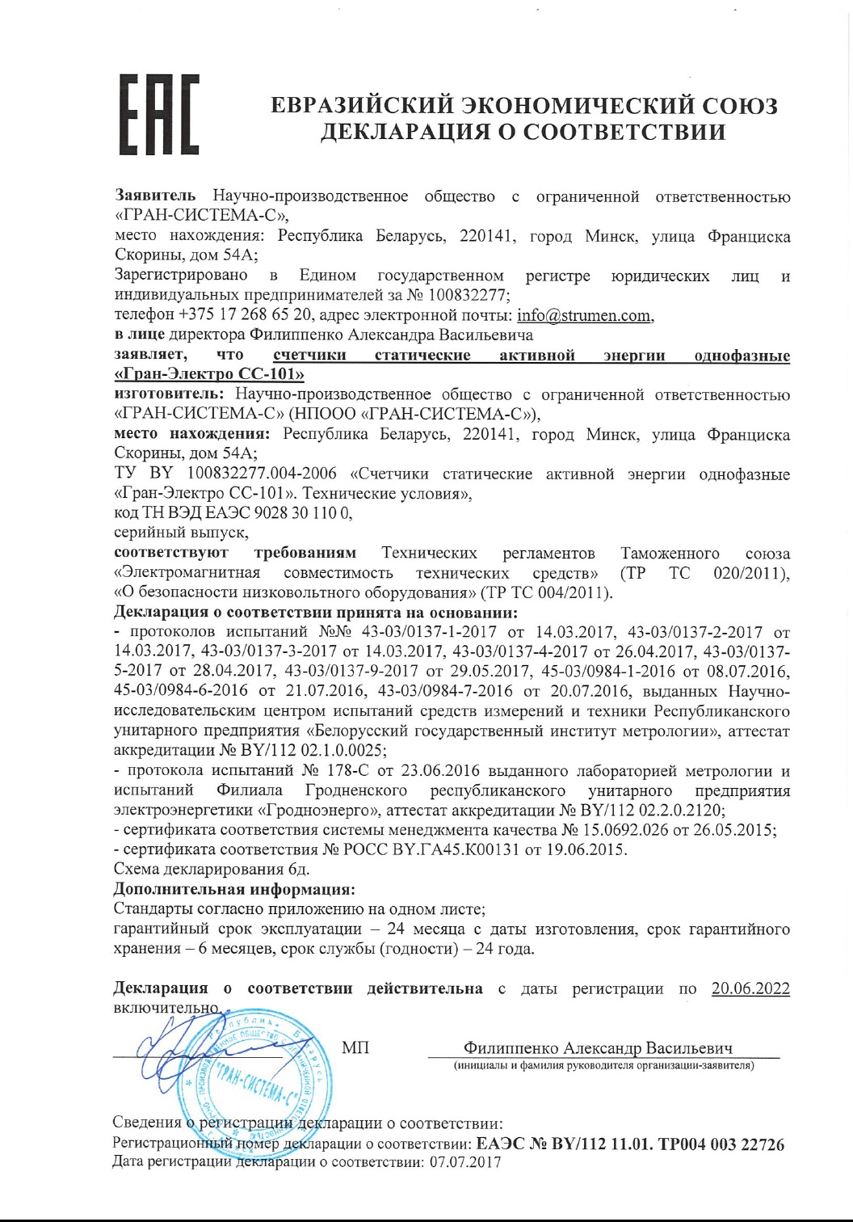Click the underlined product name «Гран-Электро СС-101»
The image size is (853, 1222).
click(x=210, y=375)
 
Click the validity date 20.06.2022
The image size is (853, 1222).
click(x=750, y=988)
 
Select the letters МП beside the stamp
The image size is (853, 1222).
click(x=355, y=1048)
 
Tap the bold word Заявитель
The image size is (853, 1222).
click(x=155, y=196)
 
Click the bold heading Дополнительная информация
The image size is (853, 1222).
click(x=234, y=890)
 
